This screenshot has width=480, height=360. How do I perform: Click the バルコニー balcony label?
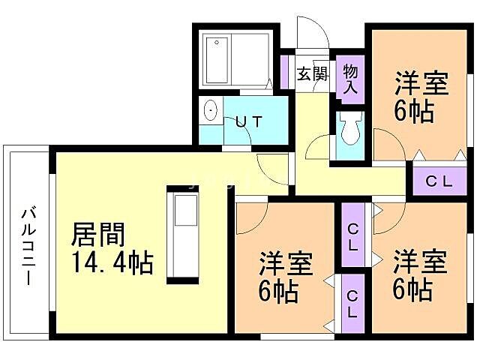pos(28,244)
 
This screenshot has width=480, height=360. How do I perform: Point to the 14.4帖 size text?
pos(112,263)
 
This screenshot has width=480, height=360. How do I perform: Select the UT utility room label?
pos(248,121)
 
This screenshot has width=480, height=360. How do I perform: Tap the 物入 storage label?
pos(350,79)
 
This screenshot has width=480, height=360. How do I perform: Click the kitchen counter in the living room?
pos(183,232)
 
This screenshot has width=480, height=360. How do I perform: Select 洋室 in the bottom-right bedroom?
pos(421,262)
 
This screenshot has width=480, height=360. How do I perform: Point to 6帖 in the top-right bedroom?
pos(412,113)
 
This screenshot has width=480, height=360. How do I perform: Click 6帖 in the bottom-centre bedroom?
pos(278,291)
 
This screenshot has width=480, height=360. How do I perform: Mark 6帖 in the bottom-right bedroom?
pos(412,289)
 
